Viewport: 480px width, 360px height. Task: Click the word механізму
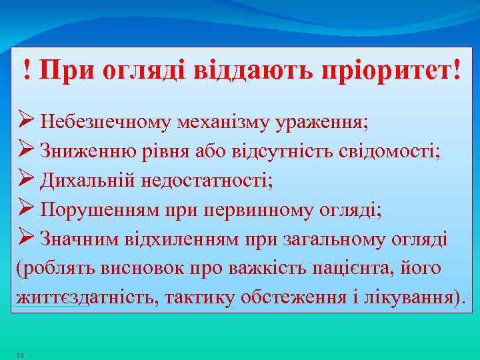(x=217, y=122)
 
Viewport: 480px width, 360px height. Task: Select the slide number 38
(x=20, y=355)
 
